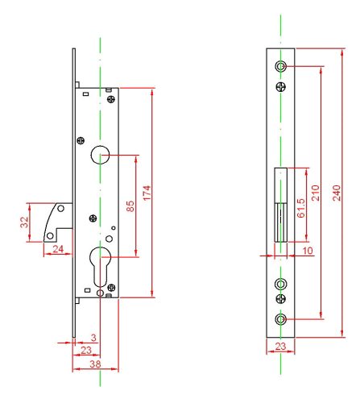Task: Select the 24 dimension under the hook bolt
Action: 57,249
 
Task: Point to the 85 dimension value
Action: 130,206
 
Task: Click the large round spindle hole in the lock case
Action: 100,154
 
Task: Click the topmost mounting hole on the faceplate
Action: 280,65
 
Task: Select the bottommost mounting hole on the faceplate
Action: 280,319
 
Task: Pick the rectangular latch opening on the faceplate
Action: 280,205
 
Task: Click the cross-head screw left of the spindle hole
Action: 80,141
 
